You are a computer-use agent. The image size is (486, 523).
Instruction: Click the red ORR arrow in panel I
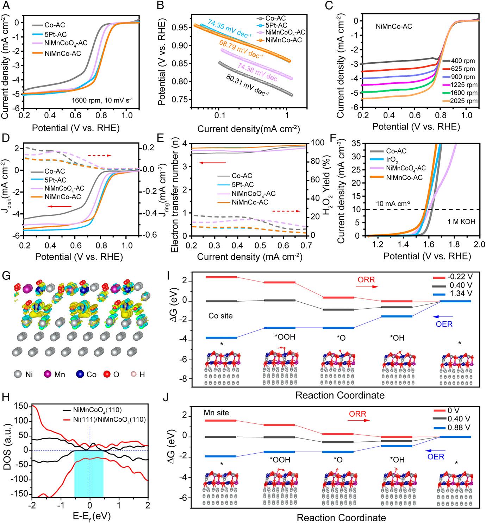367,287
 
